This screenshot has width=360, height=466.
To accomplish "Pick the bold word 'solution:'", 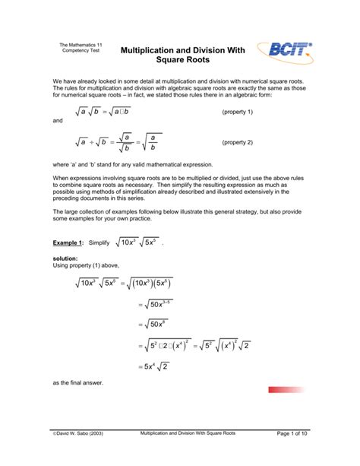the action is pos(68,259).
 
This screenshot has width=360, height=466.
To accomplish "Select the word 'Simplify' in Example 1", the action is pos(99,243).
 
